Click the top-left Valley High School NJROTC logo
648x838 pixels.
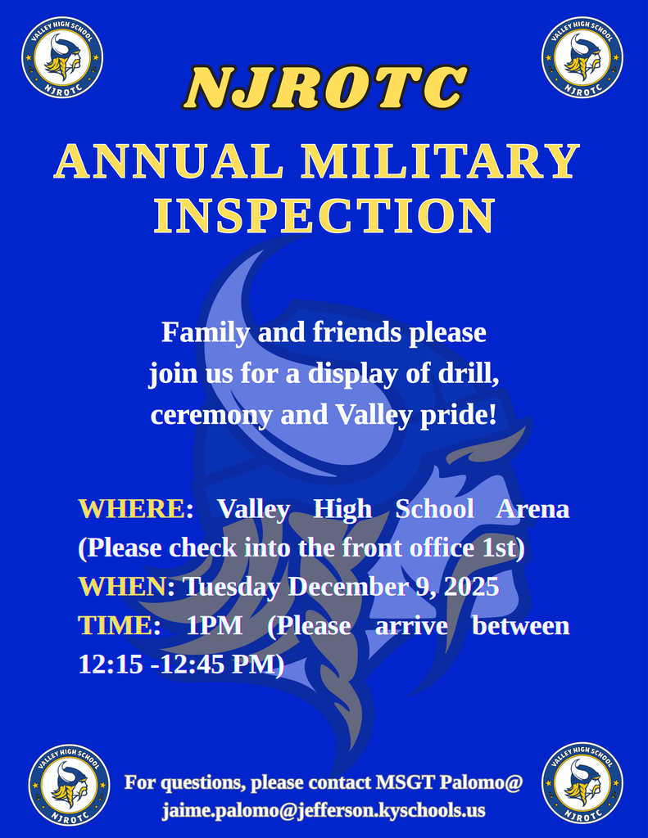(x=62, y=58)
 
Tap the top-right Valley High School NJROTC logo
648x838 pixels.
(x=582, y=58)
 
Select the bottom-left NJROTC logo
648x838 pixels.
(x=70, y=784)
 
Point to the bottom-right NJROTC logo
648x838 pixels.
(x=582, y=782)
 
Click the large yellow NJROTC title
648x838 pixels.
(x=324, y=88)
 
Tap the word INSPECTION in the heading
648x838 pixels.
(x=324, y=216)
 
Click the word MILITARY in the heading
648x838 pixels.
(x=442, y=161)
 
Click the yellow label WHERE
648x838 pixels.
(x=132, y=509)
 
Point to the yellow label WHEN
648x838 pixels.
(x=122, y=587)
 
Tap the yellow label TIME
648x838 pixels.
(x=115, y=626)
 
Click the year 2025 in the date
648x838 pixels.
(x=469, y=587)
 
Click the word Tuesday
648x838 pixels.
(x=232, y=587)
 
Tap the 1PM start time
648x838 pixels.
(x=215, y=626)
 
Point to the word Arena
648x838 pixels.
(x=532, y=509)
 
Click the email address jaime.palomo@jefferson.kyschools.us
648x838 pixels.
(x=324, y=810)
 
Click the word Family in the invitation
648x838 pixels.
(x=206, y=333)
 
